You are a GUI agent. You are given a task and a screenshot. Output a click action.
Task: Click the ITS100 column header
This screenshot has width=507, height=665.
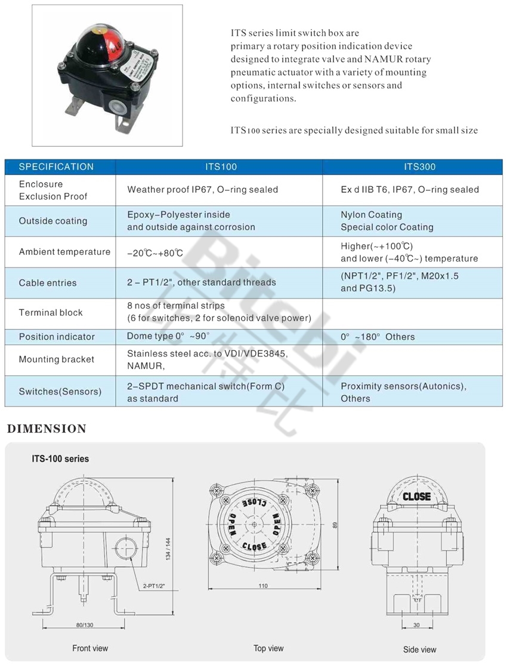point(220,167)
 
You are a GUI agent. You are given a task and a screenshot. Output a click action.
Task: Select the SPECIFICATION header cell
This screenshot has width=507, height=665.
point(57,167)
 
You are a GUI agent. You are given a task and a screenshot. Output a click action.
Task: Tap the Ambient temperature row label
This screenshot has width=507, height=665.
point(64,252)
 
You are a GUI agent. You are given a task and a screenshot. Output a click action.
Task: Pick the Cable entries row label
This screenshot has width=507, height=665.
point(48,283)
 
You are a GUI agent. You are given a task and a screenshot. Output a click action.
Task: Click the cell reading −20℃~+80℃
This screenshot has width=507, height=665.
point(154,253)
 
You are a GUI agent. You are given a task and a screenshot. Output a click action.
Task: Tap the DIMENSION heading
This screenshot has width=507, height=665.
point(47,429)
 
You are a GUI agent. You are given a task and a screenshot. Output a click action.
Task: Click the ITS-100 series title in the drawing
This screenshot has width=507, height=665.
point(60,459)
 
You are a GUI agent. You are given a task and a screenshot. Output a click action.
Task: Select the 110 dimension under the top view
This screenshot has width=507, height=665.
point(263,586)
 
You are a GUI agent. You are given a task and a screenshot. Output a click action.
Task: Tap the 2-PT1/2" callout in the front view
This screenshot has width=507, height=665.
point(154,586)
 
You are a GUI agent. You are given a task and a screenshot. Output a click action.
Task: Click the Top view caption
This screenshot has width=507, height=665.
point(268,648)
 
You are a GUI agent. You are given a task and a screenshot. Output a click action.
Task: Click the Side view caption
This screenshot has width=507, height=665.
point(419,649)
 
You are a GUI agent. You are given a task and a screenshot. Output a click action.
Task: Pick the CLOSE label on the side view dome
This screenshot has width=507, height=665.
point(416,497)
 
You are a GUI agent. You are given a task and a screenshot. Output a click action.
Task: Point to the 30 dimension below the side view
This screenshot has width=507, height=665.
point(417,624)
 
